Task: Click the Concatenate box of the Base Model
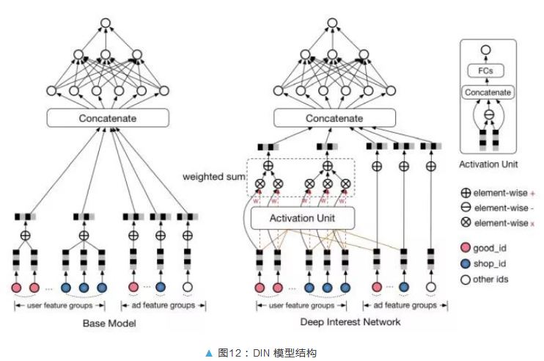point(108,118)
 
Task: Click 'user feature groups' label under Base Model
point(60,305)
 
